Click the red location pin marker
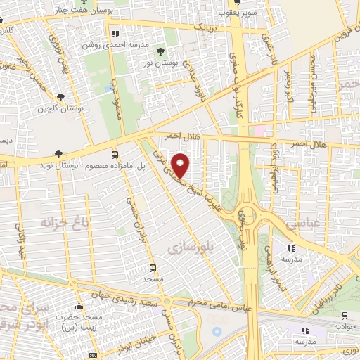click(181, 165)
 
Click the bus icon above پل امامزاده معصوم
click(115, 155)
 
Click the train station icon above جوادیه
click(344, 316)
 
